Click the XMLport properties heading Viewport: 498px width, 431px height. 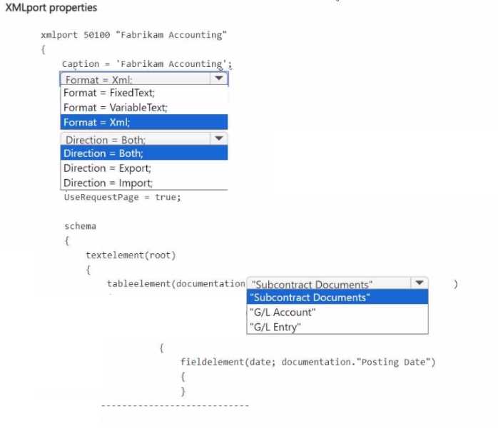(51, 8)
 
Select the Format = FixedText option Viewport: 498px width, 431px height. (109, 93)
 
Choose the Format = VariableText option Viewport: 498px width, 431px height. (115, 107)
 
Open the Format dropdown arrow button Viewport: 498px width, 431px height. (219, 78)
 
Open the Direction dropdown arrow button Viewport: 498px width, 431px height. (219, 138)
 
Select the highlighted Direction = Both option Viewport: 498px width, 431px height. (103, 153)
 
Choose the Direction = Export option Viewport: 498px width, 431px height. (107, 168)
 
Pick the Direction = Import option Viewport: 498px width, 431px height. (108, 183)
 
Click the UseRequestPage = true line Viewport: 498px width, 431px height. (121, 197)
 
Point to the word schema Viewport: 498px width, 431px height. (80, 226)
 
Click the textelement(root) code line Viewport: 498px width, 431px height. (131, 255)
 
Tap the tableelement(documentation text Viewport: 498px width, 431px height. (176, 283)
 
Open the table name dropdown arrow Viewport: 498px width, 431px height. (419, 283)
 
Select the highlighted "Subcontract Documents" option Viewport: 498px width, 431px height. (311, 298)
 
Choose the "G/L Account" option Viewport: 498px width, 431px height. (283, 312)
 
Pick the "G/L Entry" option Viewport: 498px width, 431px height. (276, 327)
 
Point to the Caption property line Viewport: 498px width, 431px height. (146, 64)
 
